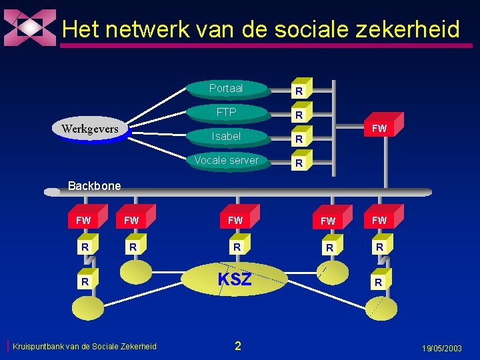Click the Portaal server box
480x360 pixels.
pyautogui.click(x=226, y=89)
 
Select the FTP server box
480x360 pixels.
pyautogui.click(x=226, y=113)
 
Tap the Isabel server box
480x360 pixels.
pyautogui.click(x=226, y=137)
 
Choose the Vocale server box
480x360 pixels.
pyautogui.click(x=226, y=161)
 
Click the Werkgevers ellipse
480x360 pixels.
pyautogui.click(x=90, y=129)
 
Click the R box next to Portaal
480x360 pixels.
pyautogui.click(x=300, y=90)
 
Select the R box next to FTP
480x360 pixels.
pyautogui.click(x=300, y=115)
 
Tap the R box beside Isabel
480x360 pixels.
pyautogui.click(x=300, y=139)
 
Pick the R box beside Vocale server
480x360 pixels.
pyautogui.click(x=300, y=163)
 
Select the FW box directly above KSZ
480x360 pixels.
pyautogui.click(x=235, y=220)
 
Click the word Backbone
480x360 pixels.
pyautogui.click(x=95, y=186)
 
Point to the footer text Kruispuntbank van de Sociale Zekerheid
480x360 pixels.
pyautogui.click(x=85, y=346)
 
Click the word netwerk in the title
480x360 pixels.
pyautogui.click(x=146, y=29)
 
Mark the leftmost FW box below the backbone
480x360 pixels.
pyautogui.click(x=83, y=220)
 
